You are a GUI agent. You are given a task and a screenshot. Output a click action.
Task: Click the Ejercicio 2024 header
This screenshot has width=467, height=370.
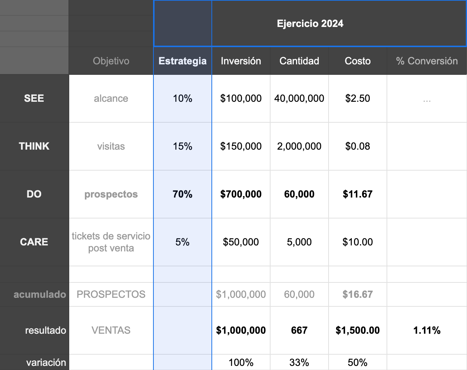click(x=310, y=24)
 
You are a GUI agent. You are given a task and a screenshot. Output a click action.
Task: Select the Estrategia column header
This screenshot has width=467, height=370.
click(x=183, y=61)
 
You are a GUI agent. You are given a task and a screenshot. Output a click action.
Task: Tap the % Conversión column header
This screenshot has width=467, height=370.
click(x=427, y=61)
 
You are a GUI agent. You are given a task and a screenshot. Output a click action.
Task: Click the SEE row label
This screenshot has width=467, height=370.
click(x=34, y=98)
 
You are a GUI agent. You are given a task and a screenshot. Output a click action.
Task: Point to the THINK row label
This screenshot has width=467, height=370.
click(x=34, y=146)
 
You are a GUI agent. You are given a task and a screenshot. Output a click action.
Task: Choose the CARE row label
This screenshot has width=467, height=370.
click(x=34, y=242)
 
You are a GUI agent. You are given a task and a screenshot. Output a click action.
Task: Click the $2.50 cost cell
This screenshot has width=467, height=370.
click(x=357, y=98)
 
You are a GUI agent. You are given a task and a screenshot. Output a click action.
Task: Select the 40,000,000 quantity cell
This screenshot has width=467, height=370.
click(x=299, y=98)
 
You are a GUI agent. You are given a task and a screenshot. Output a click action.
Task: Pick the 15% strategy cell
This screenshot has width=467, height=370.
click(x=183, y=146)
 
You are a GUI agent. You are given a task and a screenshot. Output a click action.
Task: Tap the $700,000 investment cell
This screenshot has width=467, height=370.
click(x=241, y=194)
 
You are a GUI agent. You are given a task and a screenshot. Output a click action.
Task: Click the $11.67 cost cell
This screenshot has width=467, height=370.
click(x=357, y=194)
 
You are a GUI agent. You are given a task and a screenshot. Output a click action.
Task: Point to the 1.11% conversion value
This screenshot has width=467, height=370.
click(x=427, y=330)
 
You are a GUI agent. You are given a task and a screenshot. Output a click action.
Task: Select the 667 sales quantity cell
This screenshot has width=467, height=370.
click(x=299, y=330)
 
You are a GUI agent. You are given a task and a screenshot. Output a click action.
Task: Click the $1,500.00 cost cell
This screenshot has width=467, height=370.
click(x=357, y=330)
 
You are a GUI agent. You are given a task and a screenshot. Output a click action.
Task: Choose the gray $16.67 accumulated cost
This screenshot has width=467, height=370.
click(x=357, y=294)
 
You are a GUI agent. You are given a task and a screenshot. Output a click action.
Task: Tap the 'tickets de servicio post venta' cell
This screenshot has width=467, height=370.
click(x=111, y=242)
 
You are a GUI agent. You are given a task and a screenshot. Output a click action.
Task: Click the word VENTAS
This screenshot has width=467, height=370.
click(x=111, y=330)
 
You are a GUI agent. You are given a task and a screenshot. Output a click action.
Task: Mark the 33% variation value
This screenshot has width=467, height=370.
click(x=299, y=363)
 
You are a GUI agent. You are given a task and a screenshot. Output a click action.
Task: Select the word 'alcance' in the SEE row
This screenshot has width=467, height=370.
click(x=111, y=98)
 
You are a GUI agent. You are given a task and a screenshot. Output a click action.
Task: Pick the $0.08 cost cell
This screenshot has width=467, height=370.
click(x=357, y=146)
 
